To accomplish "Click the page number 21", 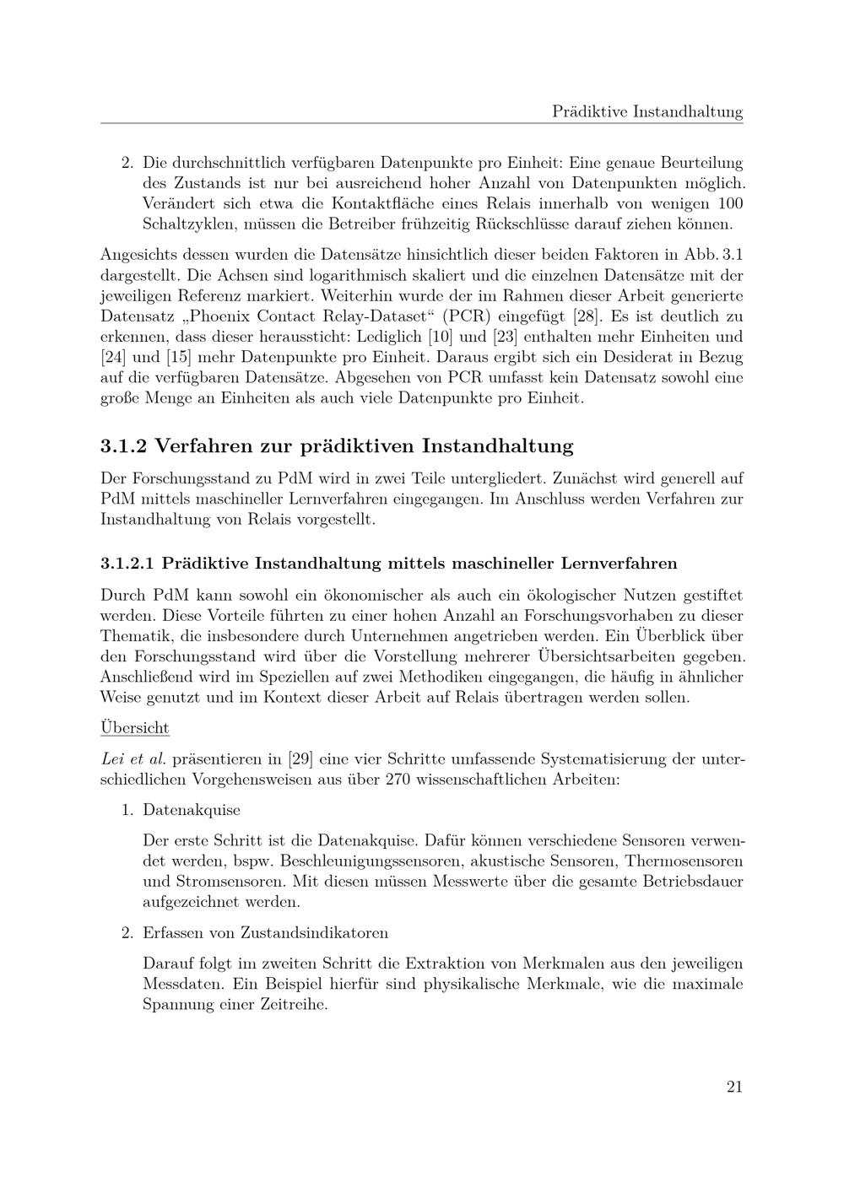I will pos(733,1087).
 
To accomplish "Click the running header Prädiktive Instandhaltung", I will pos(647,111).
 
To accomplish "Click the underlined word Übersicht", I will pos(135,727).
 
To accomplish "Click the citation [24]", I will pos(113,357).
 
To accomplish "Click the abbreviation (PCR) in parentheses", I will pos(467,316).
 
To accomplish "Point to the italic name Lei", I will pos(114,758).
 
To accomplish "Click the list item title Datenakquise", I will pos(192,810).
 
